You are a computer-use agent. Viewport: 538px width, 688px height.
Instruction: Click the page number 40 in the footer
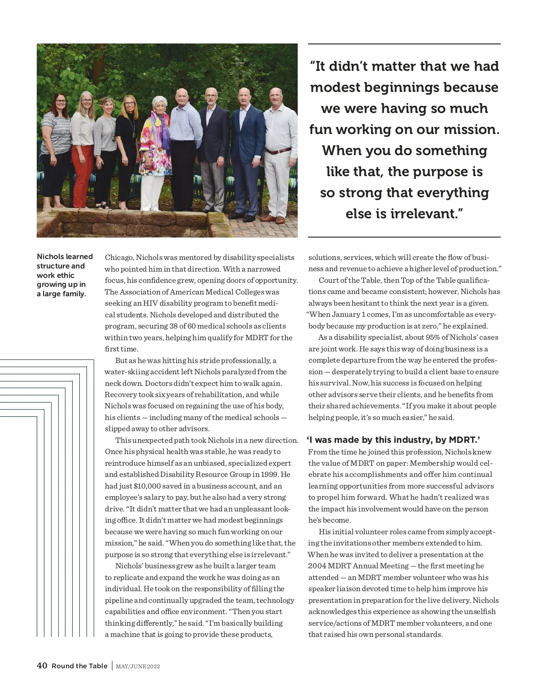42,666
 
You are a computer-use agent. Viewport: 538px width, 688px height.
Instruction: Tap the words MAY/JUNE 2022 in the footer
138,666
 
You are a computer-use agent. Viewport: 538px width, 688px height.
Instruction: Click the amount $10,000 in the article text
137,486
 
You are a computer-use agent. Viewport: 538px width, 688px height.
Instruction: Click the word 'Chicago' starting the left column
119,257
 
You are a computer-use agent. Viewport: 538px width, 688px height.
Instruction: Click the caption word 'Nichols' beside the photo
50,256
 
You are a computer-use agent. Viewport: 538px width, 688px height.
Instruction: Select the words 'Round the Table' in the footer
79,666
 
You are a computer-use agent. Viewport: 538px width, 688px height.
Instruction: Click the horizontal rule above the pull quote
404,44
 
